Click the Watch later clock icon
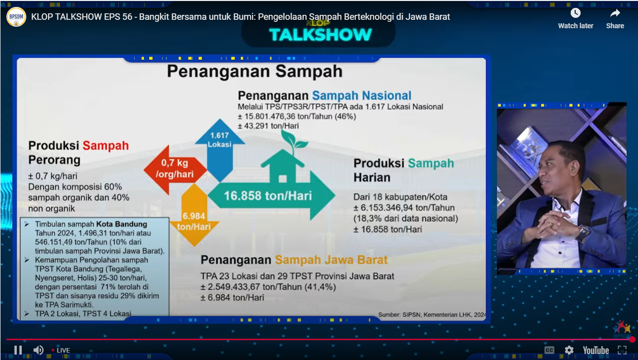point(575,13)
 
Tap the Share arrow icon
point(615,13)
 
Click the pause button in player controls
point(18,350)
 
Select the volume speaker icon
point(39,350)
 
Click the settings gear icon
point(569,350)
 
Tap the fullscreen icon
point(622,350)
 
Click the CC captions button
point(549,350)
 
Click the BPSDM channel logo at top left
point(16,17)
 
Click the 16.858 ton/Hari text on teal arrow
point(268,196)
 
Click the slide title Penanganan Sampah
point(254,71)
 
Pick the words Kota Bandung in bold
point(122,224)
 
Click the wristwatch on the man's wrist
point(583,231)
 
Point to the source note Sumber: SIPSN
point(432,314)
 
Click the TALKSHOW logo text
point(321,35)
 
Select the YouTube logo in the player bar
point(595,350)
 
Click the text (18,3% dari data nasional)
point(405,218)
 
